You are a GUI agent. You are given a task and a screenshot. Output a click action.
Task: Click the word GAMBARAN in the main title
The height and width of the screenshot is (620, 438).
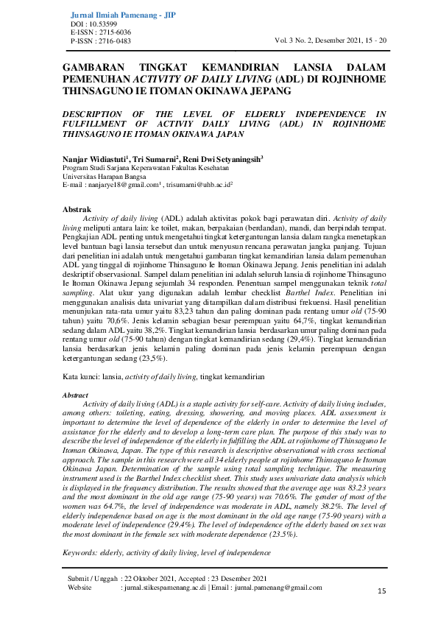click(x=94, y=67)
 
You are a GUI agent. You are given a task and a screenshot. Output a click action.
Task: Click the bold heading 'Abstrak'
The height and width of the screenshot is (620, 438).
click(x=78, y=210)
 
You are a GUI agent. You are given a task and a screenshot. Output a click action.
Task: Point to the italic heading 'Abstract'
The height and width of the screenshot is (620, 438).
click(x=77, y=395)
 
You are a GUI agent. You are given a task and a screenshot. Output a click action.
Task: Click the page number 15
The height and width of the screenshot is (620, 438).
click(x=381, y=591)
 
